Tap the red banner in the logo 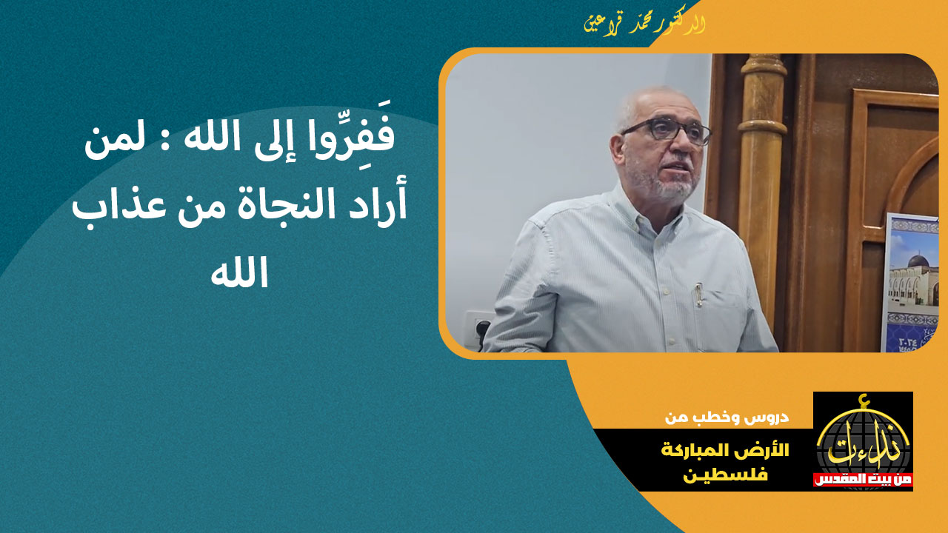pos(863,480)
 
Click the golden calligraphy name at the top pos(643,24)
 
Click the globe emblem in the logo pos(863,440)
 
